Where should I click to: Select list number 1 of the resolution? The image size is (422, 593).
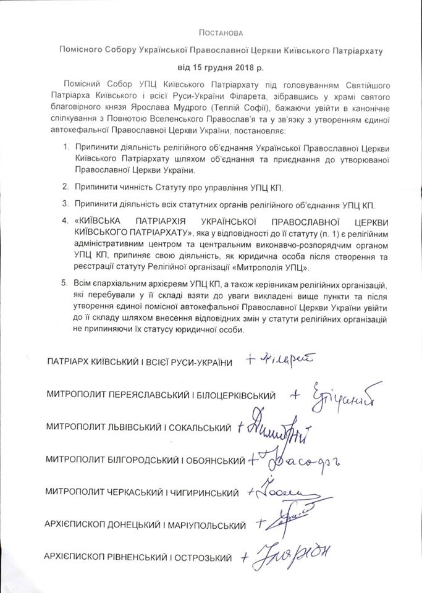67,148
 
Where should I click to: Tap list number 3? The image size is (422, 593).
67,203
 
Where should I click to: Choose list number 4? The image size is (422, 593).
67,221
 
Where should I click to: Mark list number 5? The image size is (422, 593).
67,286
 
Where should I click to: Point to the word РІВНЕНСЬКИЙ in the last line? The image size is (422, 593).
136,558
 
